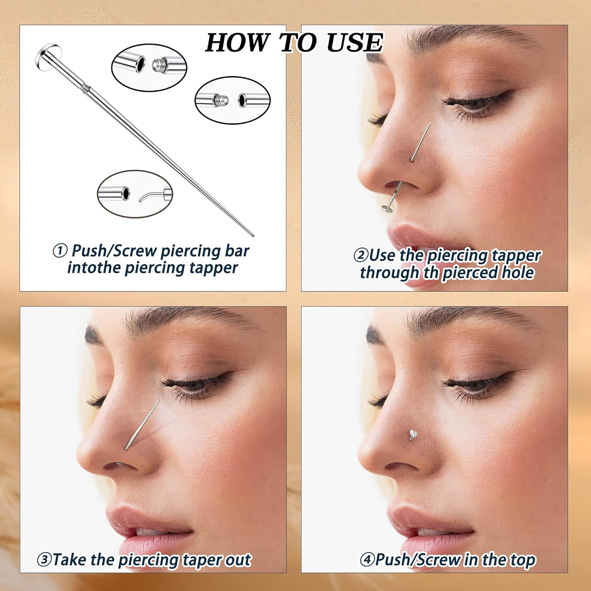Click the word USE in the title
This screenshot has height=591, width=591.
(x=355, y=43)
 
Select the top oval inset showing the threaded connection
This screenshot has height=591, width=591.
(x=149, y=67)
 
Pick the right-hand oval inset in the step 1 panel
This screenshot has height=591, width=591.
(x=232, y=100)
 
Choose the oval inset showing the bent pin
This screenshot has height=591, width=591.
(x=135, y=193)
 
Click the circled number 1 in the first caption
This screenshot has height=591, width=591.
(x=60, y=251)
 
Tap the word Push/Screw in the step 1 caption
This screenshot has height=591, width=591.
(x=114, y=251)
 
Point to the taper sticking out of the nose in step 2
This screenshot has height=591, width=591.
(x=420, y=142)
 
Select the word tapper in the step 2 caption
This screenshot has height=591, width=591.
(x=516, y=256)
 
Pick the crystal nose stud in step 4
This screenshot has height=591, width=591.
(x=412, y=434)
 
